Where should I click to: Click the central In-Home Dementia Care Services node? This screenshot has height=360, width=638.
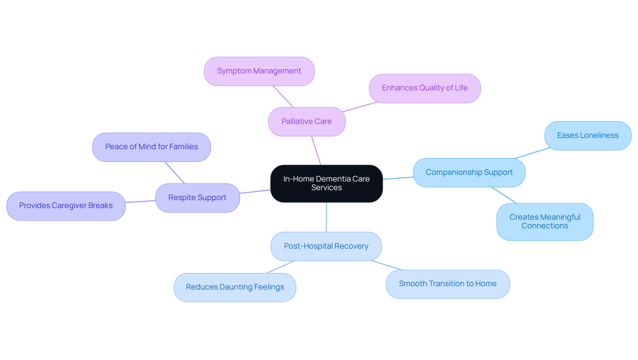(326, 183)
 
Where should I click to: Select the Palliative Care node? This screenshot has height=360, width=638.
(307, 122)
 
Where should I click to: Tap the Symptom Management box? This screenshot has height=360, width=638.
(259, 71)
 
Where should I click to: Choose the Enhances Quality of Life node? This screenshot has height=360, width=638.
(425, 88)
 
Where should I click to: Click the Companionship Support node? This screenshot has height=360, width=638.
(469, 173)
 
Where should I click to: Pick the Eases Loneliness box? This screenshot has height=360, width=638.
(588, 136)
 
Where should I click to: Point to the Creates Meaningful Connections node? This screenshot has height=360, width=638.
(545, 222)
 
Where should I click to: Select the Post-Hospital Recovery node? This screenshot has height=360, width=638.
(326, 246)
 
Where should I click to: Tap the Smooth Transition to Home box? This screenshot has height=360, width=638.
(448, 284)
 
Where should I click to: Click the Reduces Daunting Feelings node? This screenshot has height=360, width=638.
(235, 287)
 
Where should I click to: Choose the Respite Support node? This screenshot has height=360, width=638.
(197, 198)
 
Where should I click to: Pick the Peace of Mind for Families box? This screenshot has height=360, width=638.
(152, 147)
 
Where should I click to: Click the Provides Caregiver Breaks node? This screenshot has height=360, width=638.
(66, 206)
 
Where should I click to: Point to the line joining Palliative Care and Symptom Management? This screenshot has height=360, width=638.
(283, 96)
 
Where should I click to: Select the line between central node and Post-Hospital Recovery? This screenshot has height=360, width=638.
(326, 217)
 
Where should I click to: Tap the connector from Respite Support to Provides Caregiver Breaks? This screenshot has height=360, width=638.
(140, 201)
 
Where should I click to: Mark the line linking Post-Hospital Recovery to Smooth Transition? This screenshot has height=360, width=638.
(387, 265)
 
